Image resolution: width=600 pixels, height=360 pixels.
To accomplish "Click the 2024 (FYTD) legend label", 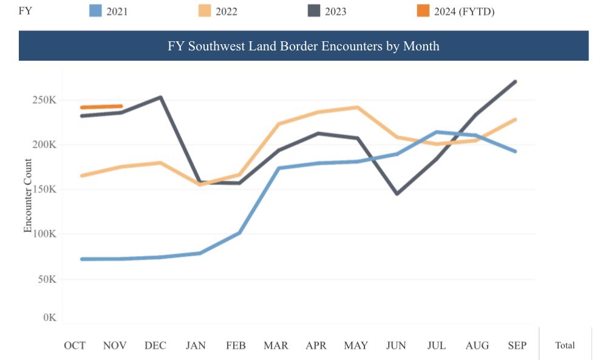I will pyautogui.click(x=464, y=11).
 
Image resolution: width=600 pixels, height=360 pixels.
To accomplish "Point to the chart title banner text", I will pyautogui.click(x=303, y=46).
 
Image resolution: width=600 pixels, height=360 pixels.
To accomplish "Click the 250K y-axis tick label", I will pyautogui.click(x=44, y=100).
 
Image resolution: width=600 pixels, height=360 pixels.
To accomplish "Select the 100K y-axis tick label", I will pyautogui.click(x=44, y=234).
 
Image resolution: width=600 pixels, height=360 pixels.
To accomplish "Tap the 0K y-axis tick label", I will pyautogui.click(x=49, y=318).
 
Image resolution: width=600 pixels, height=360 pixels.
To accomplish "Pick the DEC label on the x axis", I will pyautogui.click(x=155, y=345).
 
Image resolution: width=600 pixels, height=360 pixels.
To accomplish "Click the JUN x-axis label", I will pyautogui.click(x=396, y=345).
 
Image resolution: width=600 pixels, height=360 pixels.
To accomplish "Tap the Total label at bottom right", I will pyautogui.click(x=565, y=345).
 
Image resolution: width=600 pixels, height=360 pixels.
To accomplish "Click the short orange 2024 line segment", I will pyautogui.click(x=101, y=107).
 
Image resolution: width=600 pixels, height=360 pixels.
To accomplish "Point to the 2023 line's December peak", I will pyautogui.click(x=160, y=97).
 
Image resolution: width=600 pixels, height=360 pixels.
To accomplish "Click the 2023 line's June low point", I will pyautogui.click(x=397, y=194).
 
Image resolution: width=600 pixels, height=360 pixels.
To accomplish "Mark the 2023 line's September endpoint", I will pyautogui.click(x=515, y=81).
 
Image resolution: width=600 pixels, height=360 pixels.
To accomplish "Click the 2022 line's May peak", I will pyautogui.click(x=357, y=107).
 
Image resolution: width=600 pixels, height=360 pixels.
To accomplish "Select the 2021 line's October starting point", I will pyautogui.click(x=82, y=259).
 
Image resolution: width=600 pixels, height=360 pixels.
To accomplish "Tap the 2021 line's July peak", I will pyautogui.click(x=436, y=132).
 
